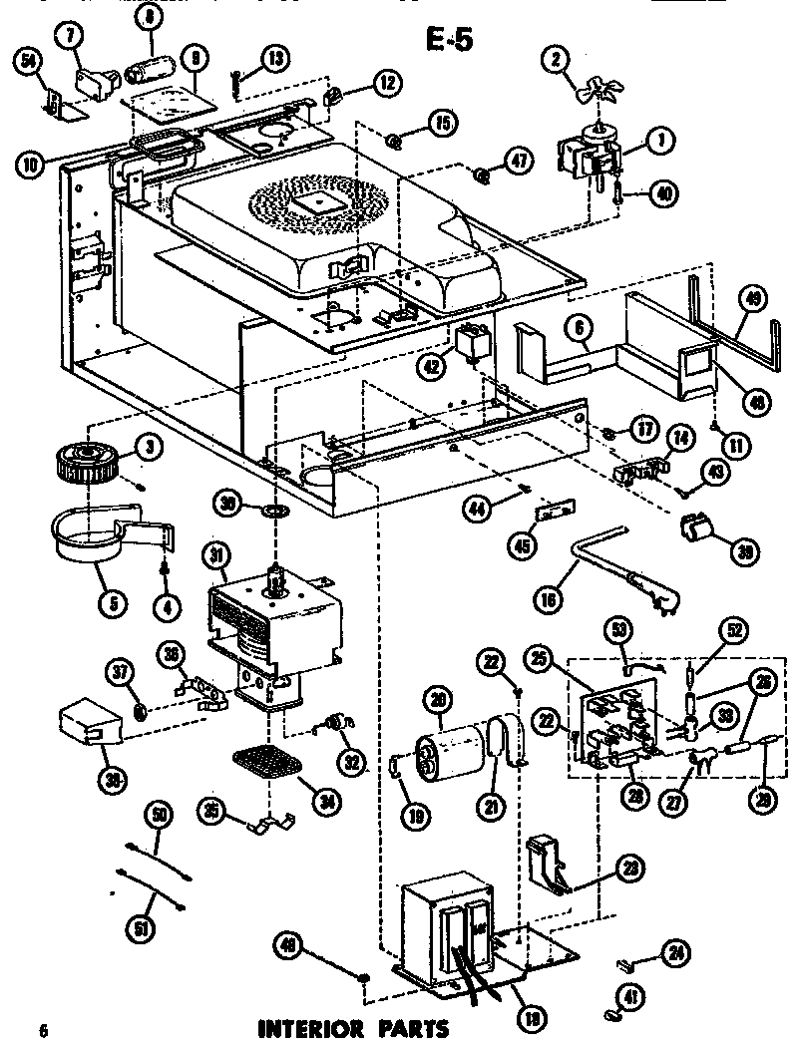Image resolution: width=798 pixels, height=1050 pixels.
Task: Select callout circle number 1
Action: pos(657,143)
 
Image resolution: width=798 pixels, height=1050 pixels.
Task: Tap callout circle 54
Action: pos(31,62)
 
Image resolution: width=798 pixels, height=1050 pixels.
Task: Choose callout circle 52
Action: pos(734,631)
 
